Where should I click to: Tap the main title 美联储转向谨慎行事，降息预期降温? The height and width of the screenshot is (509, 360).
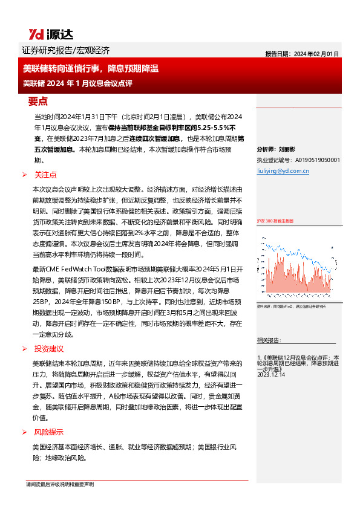[91, 68]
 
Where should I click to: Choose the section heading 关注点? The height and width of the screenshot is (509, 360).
[45, 175]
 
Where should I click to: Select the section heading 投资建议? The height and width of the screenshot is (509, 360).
[49, 349]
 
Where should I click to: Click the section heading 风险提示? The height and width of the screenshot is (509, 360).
[49, 432]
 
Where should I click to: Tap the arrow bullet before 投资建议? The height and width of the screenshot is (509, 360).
[25, 349]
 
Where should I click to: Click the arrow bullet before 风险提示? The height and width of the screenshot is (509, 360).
[25, 432]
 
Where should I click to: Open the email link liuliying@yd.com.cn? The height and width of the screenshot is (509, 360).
[283, 171]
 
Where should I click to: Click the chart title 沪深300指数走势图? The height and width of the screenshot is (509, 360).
[275, 221]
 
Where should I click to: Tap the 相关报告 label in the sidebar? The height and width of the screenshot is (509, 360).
[267, 340]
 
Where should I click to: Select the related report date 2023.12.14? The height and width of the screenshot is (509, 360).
[270, 375]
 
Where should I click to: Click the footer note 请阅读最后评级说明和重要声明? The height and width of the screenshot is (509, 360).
[60, 485]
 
